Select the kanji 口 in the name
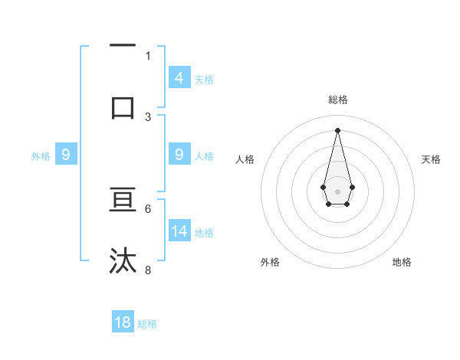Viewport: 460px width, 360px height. [123, 106]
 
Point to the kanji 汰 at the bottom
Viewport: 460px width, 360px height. [123, 260]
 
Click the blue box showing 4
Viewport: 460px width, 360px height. [179, 77]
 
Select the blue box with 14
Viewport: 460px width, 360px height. [179, 231]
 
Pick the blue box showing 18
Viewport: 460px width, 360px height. [123, 322]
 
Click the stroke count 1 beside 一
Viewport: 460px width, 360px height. [148, 55]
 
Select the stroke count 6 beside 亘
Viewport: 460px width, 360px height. [148, 208]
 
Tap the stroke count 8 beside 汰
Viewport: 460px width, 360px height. [148, 270]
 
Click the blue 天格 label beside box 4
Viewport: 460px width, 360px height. [204, 79]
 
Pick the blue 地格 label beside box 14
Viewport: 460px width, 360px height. [204, 232]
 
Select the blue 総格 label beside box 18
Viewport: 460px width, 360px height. [147, 324]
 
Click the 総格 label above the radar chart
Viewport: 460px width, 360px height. [337, 100]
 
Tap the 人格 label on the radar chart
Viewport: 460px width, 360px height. [245, 159]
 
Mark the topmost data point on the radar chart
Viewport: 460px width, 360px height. [337, 129]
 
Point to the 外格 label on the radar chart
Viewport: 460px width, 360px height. [270, 262]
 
